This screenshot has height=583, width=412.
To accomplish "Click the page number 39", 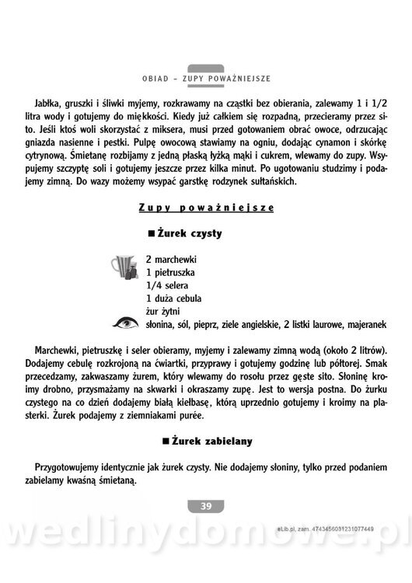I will click(206, 507).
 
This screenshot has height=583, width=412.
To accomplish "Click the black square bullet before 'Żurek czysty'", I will click(151, 233).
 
